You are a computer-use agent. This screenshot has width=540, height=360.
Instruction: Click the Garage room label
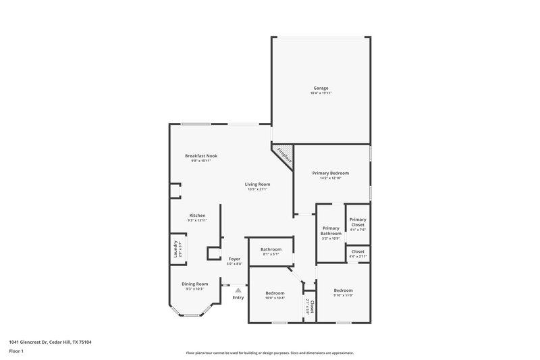point(321,88)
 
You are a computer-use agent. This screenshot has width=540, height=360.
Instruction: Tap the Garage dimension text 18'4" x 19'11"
point(321,93)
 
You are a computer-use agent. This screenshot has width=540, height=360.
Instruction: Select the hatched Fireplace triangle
point(284,155)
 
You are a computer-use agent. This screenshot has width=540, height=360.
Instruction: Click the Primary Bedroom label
point(331,173)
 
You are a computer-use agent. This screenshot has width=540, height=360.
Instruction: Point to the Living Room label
point(257,184)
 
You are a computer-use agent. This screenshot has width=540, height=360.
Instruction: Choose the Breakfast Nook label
point(201,155)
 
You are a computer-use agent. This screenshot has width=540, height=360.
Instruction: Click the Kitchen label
point(197,215)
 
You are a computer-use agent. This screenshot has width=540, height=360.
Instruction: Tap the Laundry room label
point(175,248)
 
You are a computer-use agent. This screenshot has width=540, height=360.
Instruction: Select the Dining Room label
point(194,284)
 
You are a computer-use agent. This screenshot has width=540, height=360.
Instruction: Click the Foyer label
point(234,259)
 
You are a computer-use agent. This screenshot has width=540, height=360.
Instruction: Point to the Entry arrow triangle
point(238,290)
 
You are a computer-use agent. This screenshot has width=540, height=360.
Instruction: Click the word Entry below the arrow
point(238,298)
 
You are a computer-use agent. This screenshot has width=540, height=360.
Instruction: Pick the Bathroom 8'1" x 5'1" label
point(271,249)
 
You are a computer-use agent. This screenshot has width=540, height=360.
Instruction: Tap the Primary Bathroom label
point(331,231)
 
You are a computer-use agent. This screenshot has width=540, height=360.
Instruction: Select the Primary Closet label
point(358,222)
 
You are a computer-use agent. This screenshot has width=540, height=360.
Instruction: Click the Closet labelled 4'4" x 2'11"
point(358,251)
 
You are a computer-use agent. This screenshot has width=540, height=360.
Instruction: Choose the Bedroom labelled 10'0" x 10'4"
point(275,292)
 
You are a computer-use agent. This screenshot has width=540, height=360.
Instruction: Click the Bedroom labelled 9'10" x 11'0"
point(344,290)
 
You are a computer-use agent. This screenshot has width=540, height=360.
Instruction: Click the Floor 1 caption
point(16,352)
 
